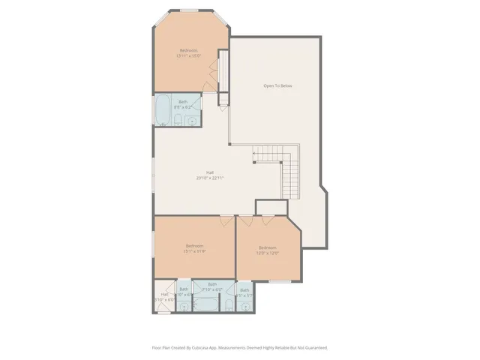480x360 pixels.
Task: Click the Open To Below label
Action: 277,86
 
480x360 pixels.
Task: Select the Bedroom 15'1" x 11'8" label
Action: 194,248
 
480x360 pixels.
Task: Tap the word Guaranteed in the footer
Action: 313,348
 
